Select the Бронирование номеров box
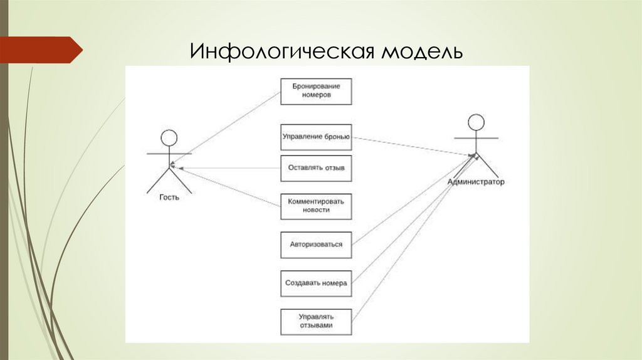(316, 92)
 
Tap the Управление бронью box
(316, 137)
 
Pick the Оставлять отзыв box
(316, 168)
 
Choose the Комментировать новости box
(316, 206)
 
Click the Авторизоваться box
(316, 245)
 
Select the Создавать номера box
(316, 283)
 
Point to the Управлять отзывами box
(316, 321)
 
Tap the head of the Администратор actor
(476, 122)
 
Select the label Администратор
(476, 182)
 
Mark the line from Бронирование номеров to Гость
(226, 130)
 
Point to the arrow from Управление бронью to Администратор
(411, 146)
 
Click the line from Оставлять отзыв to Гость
(226, 168)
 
